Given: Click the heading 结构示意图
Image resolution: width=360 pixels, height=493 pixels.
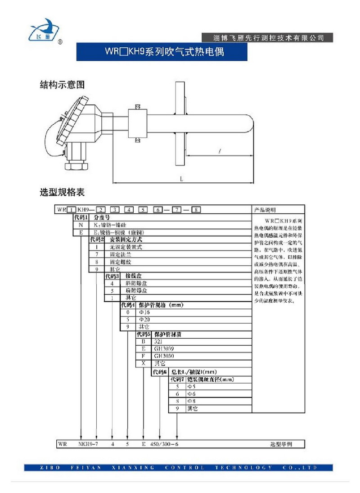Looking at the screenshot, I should click(63, 84).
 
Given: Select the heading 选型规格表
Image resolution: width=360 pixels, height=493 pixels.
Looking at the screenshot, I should click(63, 193).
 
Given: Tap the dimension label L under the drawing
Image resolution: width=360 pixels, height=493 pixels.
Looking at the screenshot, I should click(181, 179).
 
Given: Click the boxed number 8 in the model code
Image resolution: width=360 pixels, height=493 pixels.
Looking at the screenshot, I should click(197, 209).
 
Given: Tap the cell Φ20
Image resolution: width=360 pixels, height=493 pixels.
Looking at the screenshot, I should click(144, 319).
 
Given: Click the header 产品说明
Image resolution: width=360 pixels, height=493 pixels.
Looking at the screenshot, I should click(265, 210).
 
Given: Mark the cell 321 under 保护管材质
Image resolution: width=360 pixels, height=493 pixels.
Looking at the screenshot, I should click(158, 342).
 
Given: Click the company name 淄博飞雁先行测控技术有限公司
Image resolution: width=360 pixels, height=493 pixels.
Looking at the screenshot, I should click(268, 37).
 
